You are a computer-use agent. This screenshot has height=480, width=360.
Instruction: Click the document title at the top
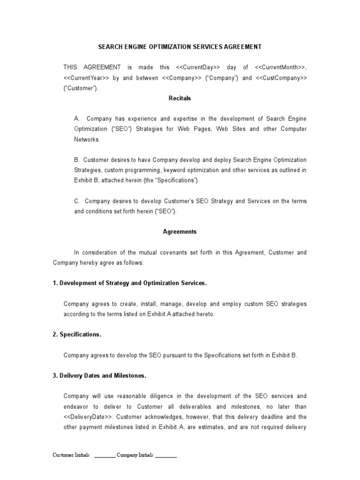tap(180, 47)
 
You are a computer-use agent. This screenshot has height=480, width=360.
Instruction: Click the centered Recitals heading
tap(180, 98)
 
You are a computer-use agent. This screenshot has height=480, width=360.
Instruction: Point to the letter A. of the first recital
tap(77, 119)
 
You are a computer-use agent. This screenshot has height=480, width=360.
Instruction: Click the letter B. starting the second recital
tap(77, 160)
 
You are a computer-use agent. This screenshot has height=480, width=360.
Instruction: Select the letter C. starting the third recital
tap(77, 201)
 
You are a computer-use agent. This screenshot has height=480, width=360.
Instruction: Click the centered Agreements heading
tap(180, 232)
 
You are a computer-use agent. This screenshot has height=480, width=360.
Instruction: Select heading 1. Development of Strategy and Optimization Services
tap(129, 283)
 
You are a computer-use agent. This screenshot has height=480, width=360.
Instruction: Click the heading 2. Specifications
tap(77, 335)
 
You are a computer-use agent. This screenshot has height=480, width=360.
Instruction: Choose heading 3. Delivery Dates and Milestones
tap(99, 376)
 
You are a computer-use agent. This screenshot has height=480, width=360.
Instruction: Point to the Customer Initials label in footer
tap(71, 455)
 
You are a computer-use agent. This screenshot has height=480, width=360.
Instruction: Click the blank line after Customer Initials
tap(105, 456)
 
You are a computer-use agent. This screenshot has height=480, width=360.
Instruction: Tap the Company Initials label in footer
tap(135, 455)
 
